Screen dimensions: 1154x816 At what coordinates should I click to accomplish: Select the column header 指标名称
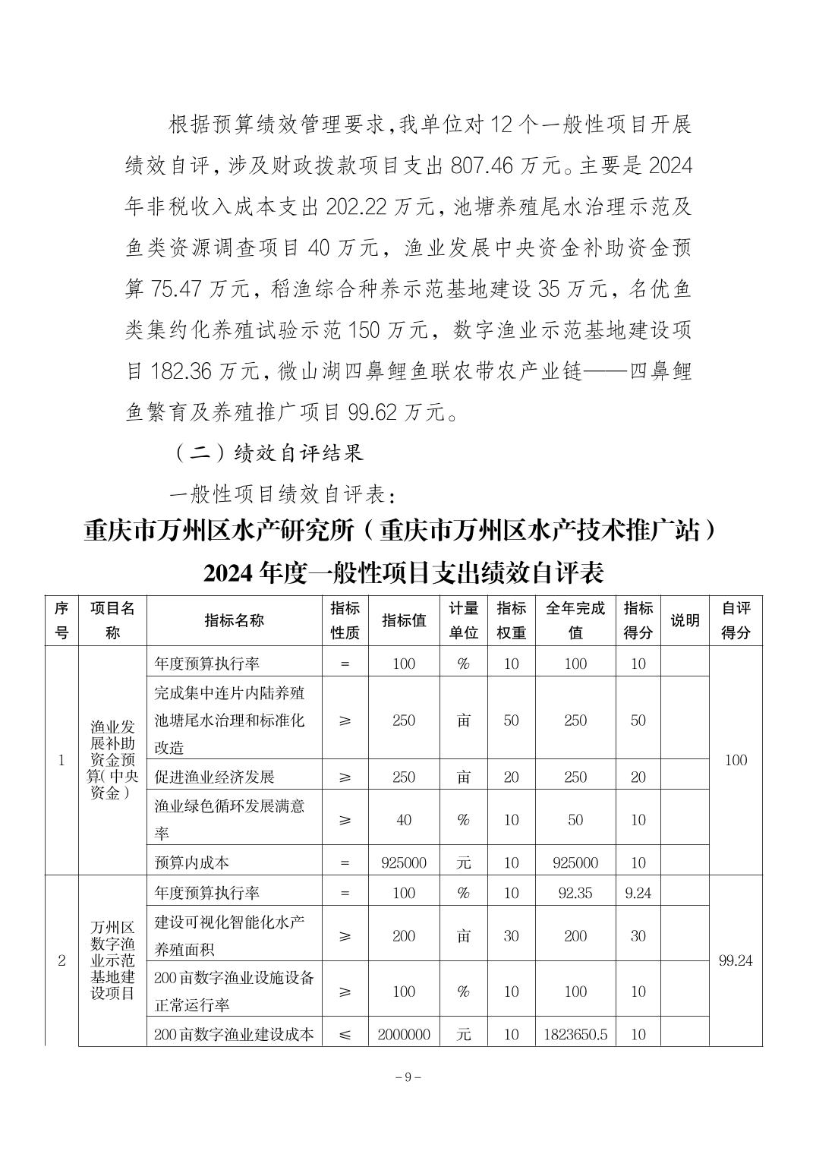pyautogui.click(x=235, y=620)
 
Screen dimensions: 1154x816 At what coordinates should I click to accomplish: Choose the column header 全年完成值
pyautogui.click(x=575, y=620)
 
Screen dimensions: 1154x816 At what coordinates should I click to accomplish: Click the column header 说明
pyautogui.click(x=684, y=620)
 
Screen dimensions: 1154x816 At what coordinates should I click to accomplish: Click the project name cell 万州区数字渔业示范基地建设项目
pyautogui.click(x=112, y=960)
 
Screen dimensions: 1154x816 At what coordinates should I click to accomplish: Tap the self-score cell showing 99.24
pyautogui.click(x=735, y=960)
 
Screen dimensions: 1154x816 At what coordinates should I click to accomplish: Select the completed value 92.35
pyautogui.click(x=575, y=893)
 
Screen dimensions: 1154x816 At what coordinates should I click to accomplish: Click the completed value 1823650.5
pyautogui.click(x=575, y=1034)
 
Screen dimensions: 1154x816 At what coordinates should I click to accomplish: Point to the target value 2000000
pyautogui.click(x=404, y=1034)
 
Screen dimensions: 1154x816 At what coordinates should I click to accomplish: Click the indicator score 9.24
pyautogui.click(x=638, y=893)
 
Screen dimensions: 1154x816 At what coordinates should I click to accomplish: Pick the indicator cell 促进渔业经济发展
pyautogui.click(x=214, y=777)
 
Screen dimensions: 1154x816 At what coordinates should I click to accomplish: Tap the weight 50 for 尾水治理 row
pyautogui.click(x=511, y=720)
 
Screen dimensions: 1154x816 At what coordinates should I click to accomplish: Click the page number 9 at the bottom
pyautogui.click(x=408, y=1077)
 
